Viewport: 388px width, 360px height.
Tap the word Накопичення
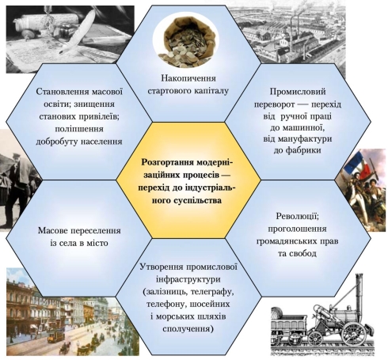click(x=188, y=78)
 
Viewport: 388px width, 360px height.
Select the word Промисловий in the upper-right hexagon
click(x=298, y=92)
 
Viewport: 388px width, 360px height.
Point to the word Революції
click(x=298, y=216)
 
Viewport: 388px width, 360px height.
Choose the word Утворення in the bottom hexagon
click(x=162, y=267)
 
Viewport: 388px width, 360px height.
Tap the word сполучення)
click(x=188, y=329)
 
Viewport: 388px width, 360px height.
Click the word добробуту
click(x=56, y=142)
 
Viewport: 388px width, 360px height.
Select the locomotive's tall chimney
click(x=359, y=292)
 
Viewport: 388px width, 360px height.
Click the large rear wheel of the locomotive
click(x=354, y=334)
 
